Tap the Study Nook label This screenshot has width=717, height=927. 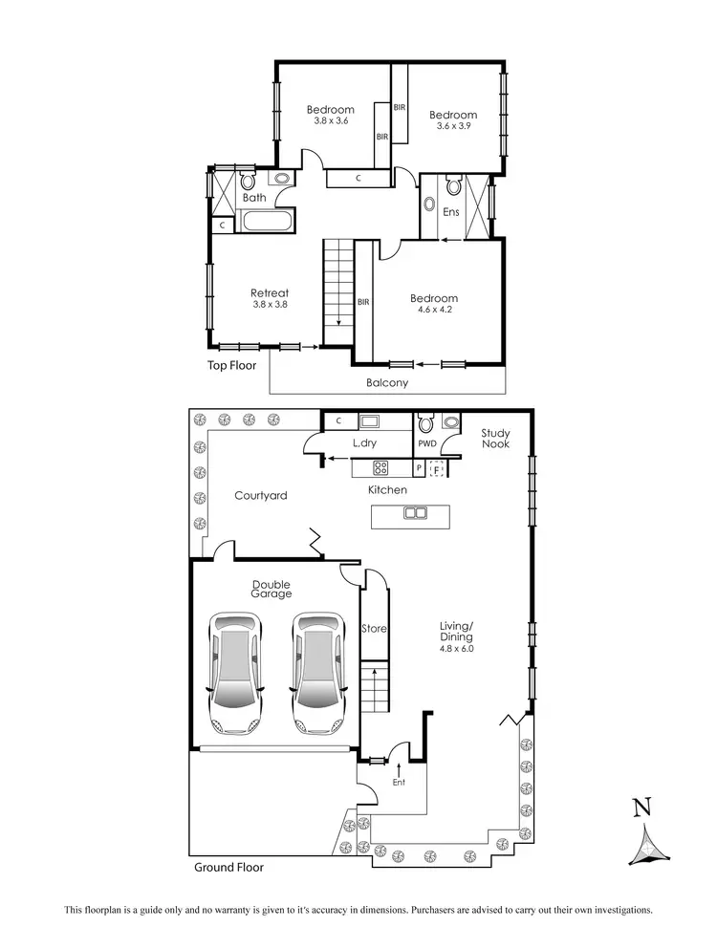(495, 438)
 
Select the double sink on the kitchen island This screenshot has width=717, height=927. (416, 513)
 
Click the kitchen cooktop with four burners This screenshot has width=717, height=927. (380, 468)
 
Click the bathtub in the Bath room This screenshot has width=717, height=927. (269, 224)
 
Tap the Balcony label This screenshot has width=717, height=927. (387, 383)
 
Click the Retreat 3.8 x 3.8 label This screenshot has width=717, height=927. (270, 298)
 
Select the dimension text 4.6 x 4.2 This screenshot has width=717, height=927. (435, 310)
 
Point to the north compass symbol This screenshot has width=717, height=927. (647, 830)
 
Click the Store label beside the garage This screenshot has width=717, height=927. (373, 629)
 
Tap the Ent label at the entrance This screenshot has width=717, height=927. (399, 783)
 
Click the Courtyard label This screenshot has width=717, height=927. (261, 495)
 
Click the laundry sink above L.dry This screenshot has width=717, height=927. (370, 421)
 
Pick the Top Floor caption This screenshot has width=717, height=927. (233, 365)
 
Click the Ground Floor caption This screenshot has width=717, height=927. (228, 868)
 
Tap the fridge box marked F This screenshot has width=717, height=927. (438, 468)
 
